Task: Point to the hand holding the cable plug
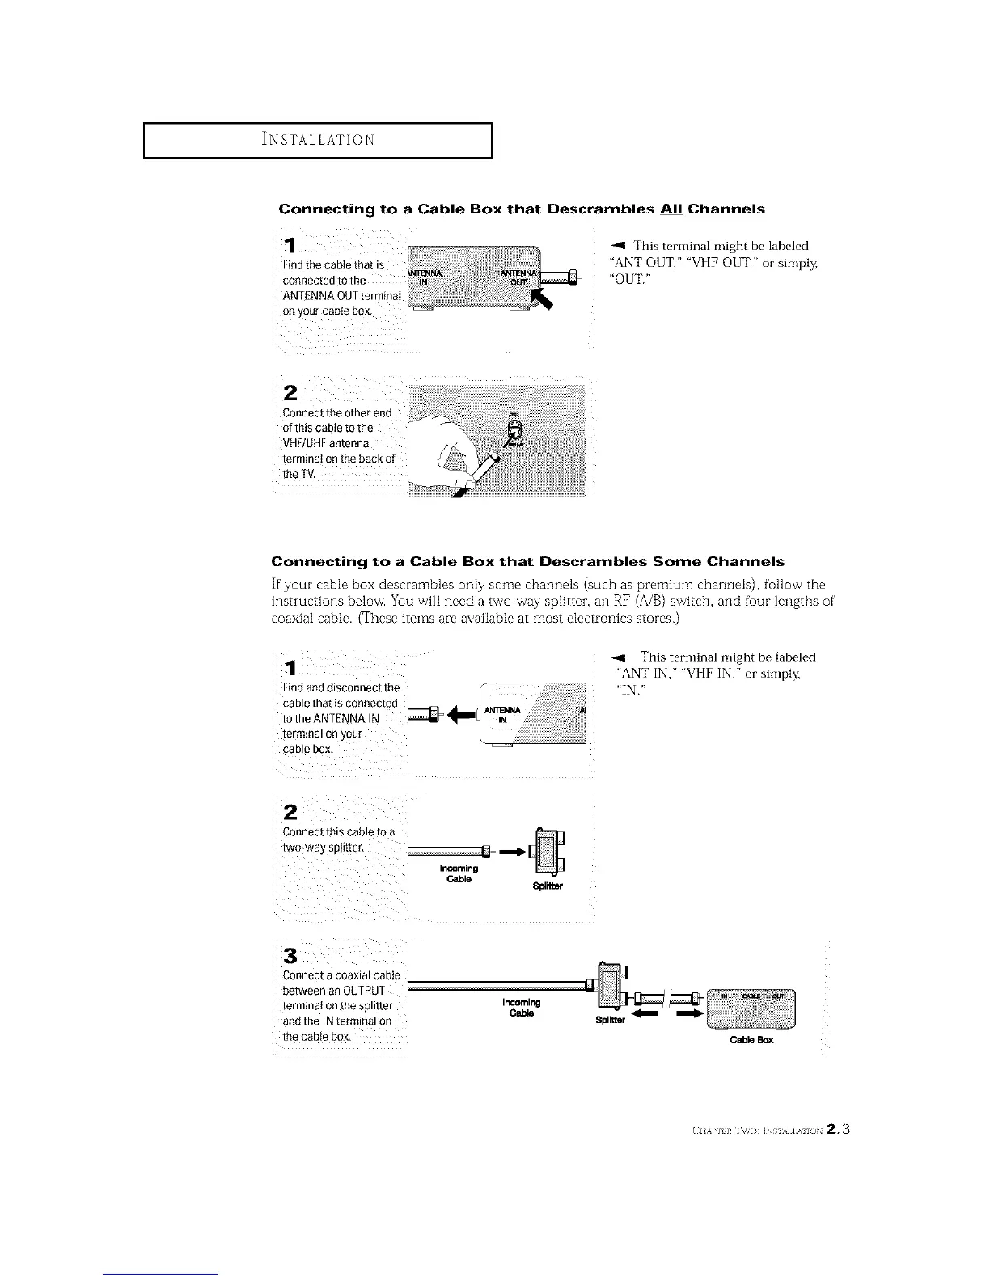[442, 452]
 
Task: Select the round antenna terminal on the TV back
[514, 428]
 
